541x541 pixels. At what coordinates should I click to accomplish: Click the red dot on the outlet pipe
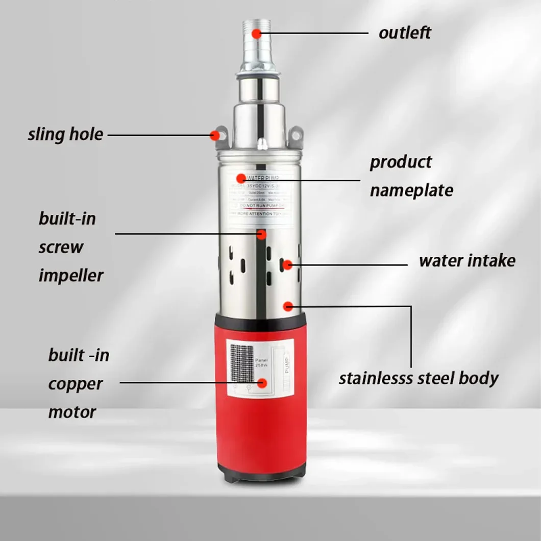[256, 34]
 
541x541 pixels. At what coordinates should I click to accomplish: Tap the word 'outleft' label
[405, 33]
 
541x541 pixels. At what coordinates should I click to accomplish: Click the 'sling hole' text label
[65, 135]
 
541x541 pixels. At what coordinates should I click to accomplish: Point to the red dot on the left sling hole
[215, 135]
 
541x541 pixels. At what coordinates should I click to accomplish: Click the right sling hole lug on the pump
[296, 135]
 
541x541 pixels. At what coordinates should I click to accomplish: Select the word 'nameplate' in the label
[411, 190]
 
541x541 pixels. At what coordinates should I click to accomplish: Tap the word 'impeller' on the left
[71, 276]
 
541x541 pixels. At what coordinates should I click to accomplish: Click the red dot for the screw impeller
[262, 235]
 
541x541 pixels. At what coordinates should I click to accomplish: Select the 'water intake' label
[466, 261]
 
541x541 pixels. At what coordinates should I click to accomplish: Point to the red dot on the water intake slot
[288, 264]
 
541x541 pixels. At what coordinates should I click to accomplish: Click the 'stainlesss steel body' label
[419, 379]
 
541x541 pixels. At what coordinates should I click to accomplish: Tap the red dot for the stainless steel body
[288, 306]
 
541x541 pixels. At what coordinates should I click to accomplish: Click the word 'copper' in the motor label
[76, 384]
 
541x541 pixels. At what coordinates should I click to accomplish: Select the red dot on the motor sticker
[263, 383]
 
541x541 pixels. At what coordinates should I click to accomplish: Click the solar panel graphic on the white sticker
[241, 363]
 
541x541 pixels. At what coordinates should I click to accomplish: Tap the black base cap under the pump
[262, 473]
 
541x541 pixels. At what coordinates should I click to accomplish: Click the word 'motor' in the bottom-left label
[72, 412]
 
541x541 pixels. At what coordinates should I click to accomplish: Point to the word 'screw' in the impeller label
[61, 247]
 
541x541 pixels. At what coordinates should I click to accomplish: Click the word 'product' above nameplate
[401, 162]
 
